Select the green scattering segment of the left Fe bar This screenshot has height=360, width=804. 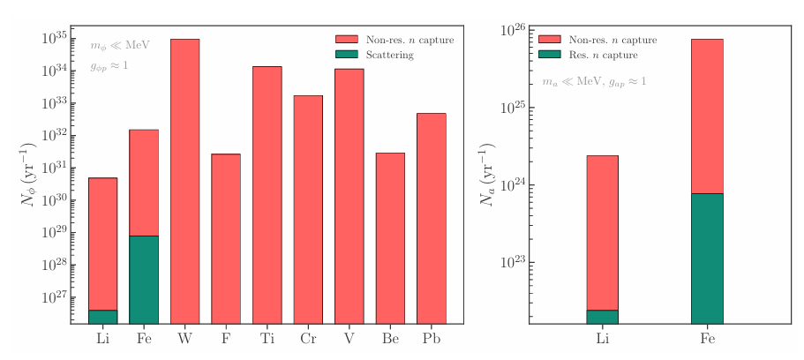coord(144,279)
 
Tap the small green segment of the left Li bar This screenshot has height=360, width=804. coord(102,317)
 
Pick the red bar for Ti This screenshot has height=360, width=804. coord(267,194)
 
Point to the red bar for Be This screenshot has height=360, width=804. coord(390,237)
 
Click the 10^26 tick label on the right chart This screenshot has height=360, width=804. coord(515,31)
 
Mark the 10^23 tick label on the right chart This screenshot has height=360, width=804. coord(515,263)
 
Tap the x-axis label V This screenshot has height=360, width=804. coord(349,339)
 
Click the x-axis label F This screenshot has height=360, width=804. coord(226,339)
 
